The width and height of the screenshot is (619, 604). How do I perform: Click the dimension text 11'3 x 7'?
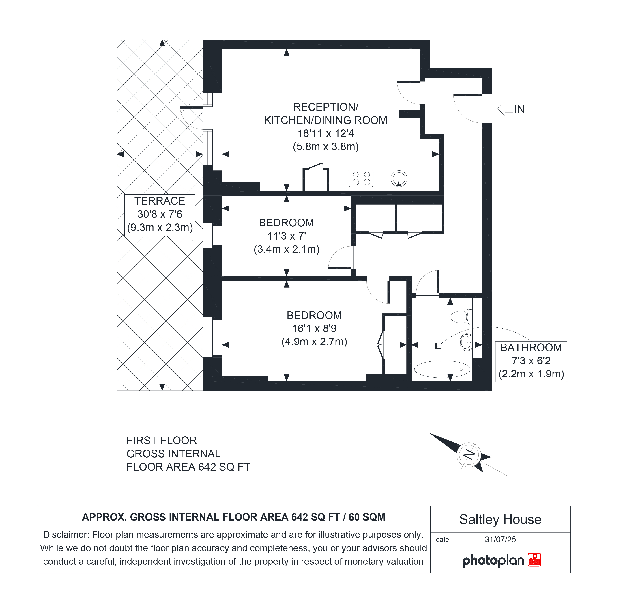click(x=286, y=236)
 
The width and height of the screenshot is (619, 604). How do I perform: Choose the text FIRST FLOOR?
click(x=162, y=440)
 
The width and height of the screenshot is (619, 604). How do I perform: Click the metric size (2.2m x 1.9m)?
click(x=531, y=374)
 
